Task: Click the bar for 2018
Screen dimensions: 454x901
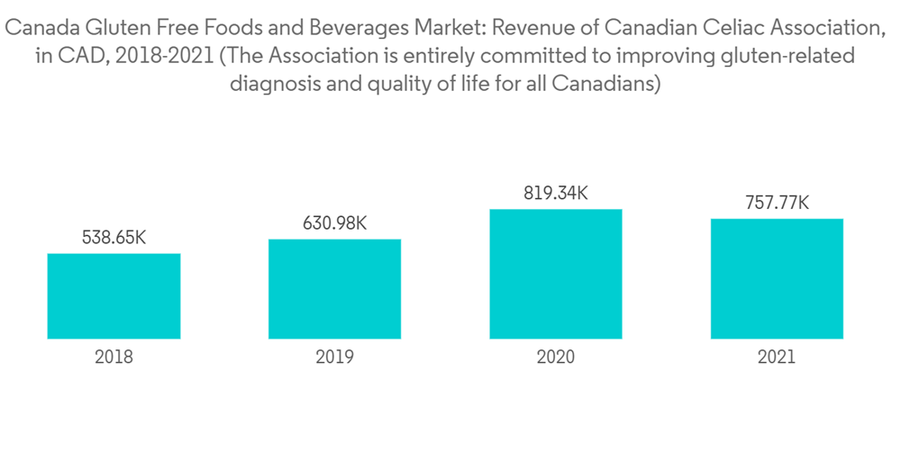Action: click(x=114, y=296)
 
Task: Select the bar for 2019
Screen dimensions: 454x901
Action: click(x=334, y=289)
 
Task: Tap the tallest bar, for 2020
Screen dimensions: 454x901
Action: click(x=555, y=274)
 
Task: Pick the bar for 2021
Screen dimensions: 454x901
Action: click(x=776, y=278)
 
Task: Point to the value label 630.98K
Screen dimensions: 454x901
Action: click(x=334, y=223)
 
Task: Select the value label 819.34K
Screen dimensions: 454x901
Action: click(x=555, y=193)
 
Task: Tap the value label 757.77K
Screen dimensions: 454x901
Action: click(x=776, y=203)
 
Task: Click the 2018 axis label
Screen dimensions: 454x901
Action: click(x=114, y=357)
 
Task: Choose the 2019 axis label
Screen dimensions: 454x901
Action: click(x=334, y=357)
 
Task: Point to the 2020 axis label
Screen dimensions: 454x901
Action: click(x=555, y=357)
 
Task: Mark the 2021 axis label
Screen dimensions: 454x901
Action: click(x=776, y=357)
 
